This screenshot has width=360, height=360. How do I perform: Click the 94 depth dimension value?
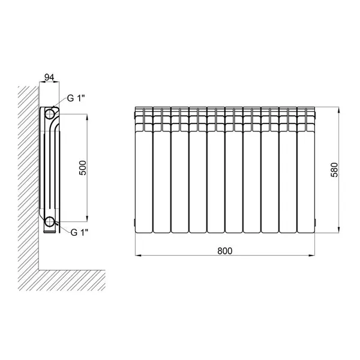(49, 77)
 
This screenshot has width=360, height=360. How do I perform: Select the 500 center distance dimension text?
(83, 168)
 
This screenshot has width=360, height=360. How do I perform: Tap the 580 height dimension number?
(335, 170)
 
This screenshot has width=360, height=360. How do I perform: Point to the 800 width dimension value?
(225, 251)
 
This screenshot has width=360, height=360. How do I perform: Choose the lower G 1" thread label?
(79, 233)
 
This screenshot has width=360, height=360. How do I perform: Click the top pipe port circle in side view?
(50, 114)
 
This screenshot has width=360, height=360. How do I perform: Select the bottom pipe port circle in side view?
(50, 222)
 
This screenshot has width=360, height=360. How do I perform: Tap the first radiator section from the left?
(144, 170)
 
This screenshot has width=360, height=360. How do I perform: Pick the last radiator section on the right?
(306, 170)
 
